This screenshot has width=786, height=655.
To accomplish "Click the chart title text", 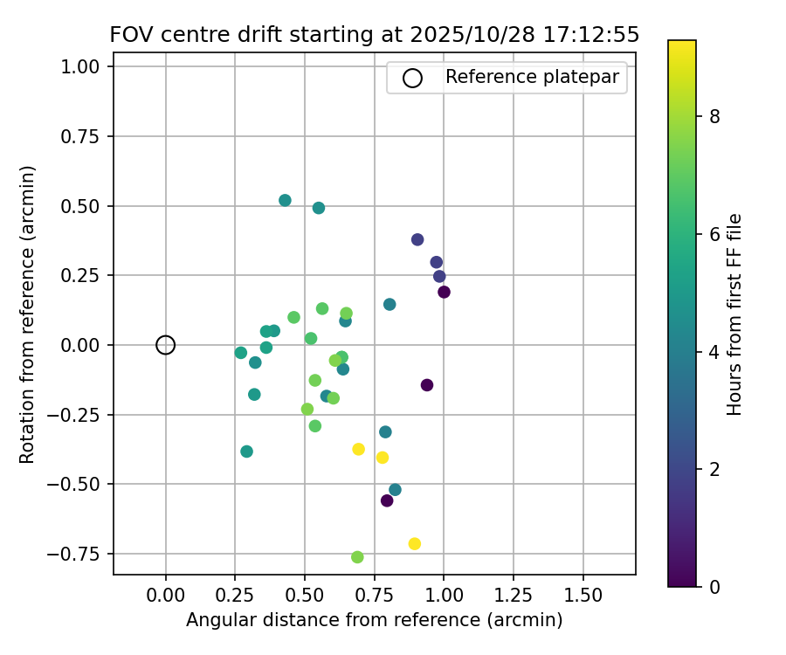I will [374, 35].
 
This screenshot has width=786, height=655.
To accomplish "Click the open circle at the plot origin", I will [166, 345].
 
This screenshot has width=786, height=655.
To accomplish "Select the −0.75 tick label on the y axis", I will [83, 554].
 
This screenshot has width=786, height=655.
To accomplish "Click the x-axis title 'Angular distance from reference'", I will [374, 620].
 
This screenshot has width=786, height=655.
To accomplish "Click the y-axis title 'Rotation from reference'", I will [28, 314].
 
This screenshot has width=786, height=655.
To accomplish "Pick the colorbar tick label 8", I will [715, 117].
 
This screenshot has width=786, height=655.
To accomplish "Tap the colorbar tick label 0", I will [715, 586].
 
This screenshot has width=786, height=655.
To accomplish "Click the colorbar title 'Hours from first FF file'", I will [735, 314].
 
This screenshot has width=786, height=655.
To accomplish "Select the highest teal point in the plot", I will [285, 200].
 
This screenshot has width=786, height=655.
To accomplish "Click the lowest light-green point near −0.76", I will [357, 557].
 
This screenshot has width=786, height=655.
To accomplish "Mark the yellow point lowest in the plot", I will [415, 544].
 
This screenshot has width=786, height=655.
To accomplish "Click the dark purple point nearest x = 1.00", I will [444, 292].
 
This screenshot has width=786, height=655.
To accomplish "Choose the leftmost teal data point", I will [241, 353].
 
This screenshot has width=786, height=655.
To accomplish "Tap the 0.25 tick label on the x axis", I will [235, 596].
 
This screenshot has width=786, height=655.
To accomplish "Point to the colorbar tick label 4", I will [715, 352].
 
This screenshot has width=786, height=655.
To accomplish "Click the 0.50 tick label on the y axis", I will [87, 206].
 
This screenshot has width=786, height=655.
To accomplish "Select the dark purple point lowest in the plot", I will [387, 500].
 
